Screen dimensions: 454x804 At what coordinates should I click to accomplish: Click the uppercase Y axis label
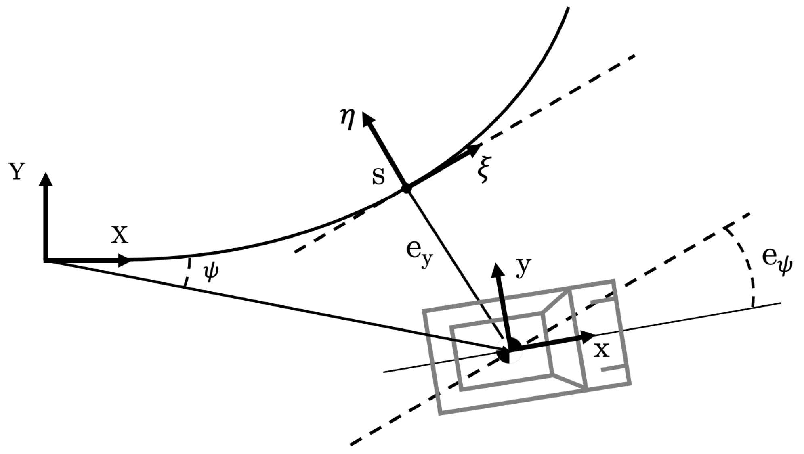pos(17,172)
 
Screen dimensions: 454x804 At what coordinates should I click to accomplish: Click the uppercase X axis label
pos(120,235)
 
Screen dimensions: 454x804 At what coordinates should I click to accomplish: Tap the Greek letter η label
pos(347,120)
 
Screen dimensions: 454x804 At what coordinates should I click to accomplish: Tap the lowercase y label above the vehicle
pos(524,267)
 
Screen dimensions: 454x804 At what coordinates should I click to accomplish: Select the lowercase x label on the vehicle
pos(602,350)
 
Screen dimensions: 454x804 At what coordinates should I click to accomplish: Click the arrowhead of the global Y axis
pos(47,179)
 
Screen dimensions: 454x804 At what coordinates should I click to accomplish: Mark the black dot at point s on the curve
pos(406,188)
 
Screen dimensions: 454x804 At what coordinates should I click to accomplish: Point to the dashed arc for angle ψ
pos(187,273)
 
